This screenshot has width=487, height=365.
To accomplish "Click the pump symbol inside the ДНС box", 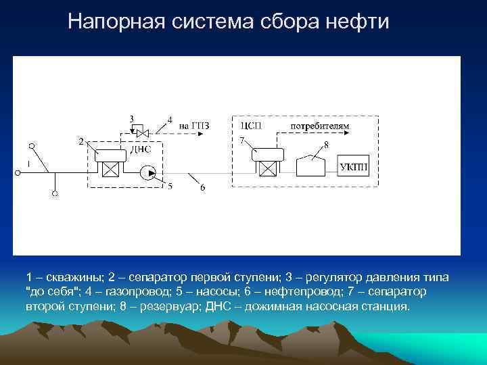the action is pyautogui.click(x=147, y=174).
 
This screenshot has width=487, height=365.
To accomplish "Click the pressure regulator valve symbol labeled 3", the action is pyautogui.click(x=138, y=127).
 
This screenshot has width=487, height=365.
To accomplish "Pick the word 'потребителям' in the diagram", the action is pyautogui.click(x=320, y=125).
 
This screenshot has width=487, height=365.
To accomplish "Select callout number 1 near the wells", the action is pyautogui.click(x=28, y=164).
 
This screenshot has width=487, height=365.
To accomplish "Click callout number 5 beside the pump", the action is pyautogui.click(x=170, y=186).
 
